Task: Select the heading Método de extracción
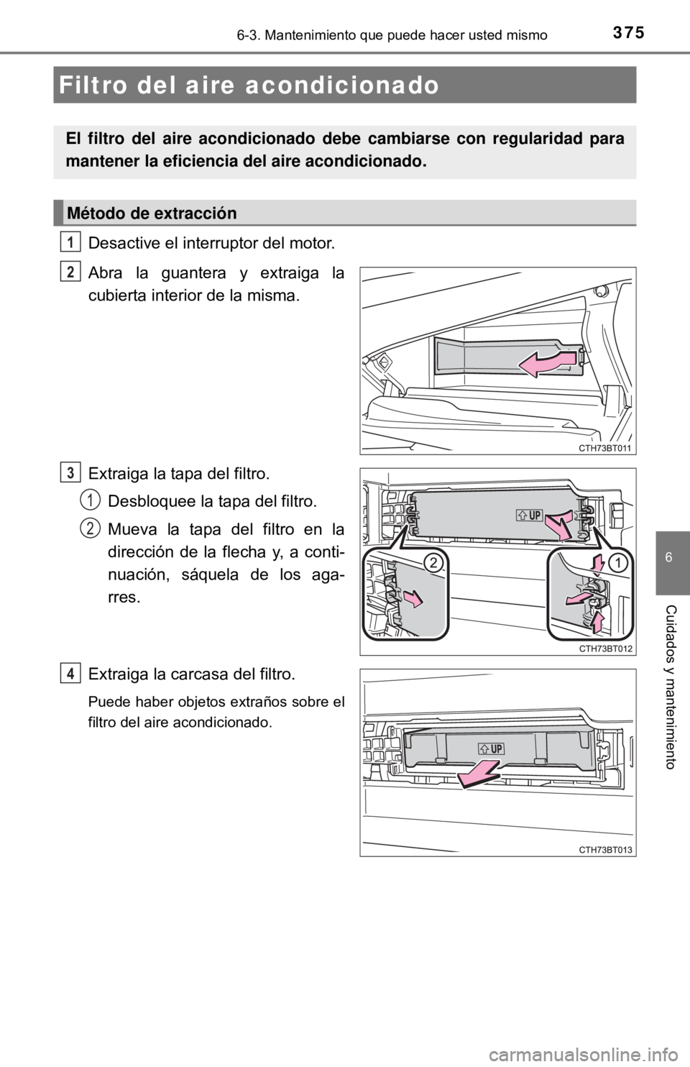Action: tap(151, 214)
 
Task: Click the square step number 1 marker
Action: tap(70, 241)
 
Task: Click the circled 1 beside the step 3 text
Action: tap(90, 499)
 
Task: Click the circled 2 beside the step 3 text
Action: tap(90, 528)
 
